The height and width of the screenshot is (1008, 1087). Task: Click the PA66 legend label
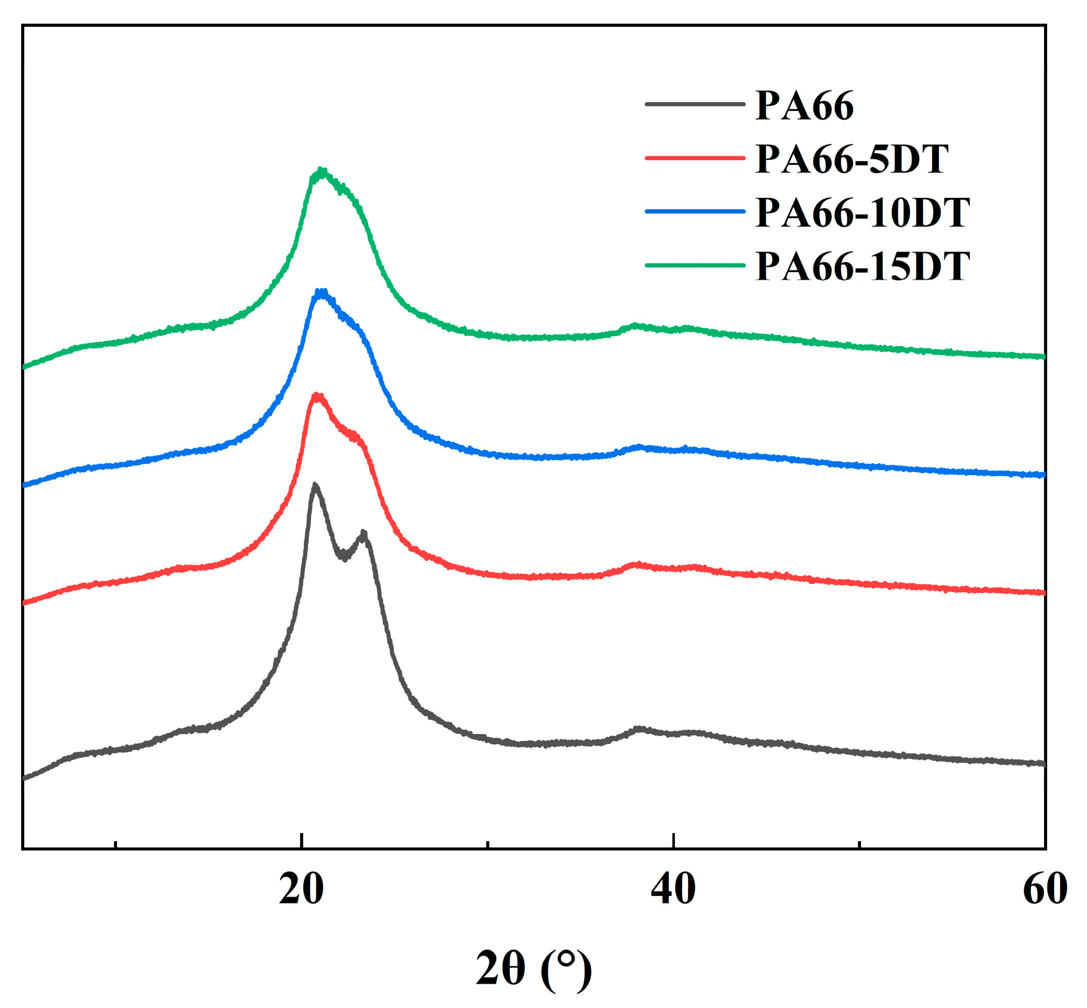click(804, 105)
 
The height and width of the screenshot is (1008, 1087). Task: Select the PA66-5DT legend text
click(852, 159)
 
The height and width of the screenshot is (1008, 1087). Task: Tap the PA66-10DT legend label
click(862, 212)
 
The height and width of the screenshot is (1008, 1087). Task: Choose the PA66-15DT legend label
click(862, 266)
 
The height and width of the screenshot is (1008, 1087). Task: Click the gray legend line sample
click(695, 104)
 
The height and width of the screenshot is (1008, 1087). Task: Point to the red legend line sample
click(695, 158)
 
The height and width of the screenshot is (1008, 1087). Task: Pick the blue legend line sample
click(695, 212)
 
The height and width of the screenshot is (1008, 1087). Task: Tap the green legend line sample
click(695, 265)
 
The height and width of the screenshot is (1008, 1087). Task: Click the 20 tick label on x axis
click(301, 889)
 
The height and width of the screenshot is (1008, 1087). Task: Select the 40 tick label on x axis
click(673, 889)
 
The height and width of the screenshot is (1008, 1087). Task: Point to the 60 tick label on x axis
click(1045, 889)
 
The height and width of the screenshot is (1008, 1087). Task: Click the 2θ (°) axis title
click(534, 969)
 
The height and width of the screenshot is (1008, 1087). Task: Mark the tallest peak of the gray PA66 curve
click(315, 484)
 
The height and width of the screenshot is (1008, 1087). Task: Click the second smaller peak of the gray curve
click(364, 533)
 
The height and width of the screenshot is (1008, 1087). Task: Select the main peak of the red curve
click(318, 395)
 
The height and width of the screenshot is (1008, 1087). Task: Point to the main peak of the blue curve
click(321, 291)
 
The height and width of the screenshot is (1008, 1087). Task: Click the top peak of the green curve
click(321, 170)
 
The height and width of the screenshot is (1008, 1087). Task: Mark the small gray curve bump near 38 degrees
click(639, 728)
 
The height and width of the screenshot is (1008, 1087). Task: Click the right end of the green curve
click(1043, 357)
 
